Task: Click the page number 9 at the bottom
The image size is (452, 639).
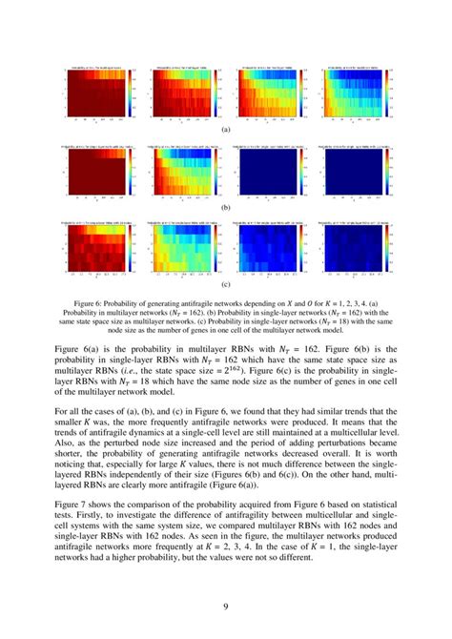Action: point(226,606)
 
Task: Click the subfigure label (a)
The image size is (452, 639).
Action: point(226,128)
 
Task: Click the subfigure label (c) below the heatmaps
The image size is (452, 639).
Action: point(226,284)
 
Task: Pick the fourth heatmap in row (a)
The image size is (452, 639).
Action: point(355,94)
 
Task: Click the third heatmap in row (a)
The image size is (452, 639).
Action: point(268,94)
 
